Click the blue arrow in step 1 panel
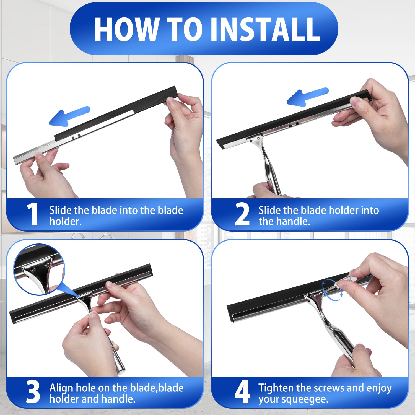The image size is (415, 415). pos(69,116)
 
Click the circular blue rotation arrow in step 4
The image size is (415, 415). pos(332,290)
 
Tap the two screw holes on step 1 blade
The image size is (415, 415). pos(76,136)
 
